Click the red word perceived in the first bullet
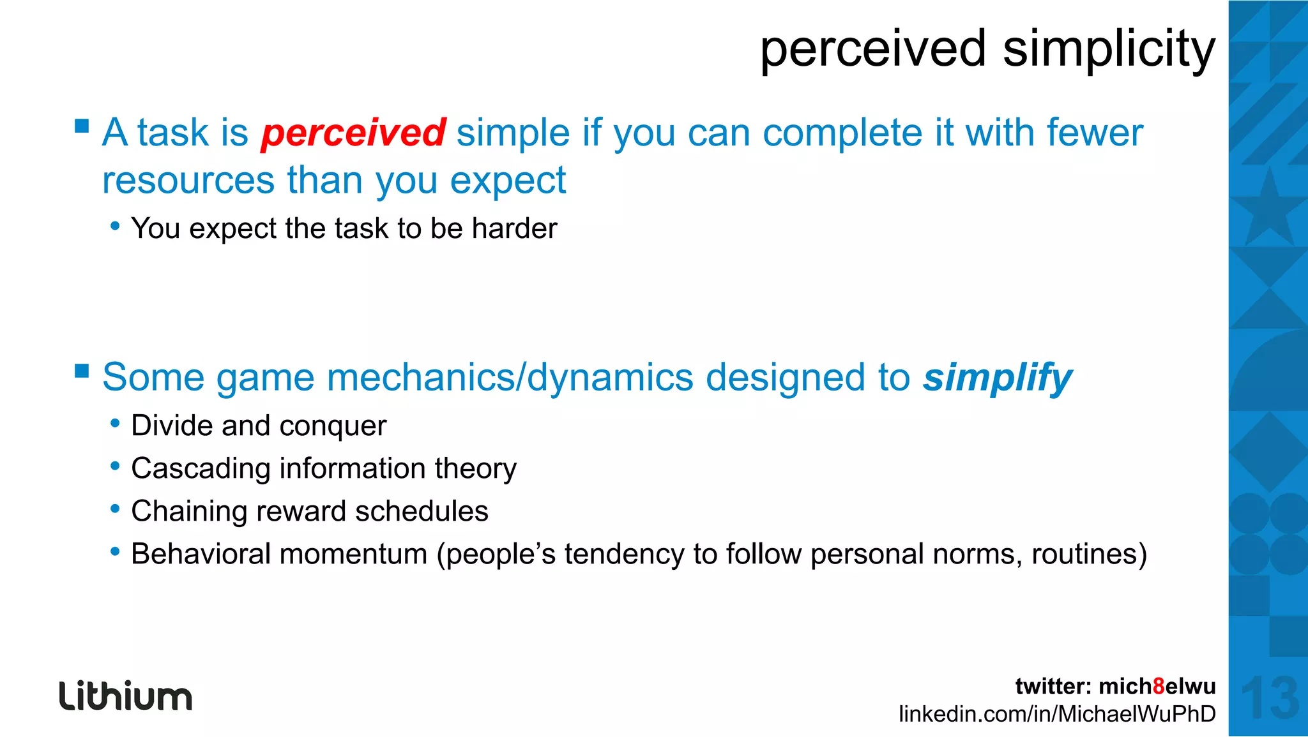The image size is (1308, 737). click(x=353, y=133)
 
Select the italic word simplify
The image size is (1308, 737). click(x=997, y=378)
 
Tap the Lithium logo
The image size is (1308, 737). click(x=126, y=696)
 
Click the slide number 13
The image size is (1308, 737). click(x=1269, y=698)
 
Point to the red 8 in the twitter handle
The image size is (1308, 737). click(x=1159, y=687)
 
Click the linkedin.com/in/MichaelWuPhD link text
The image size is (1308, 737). click(x=1057, y=714)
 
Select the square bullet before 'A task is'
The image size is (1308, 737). click(x=82, y=125)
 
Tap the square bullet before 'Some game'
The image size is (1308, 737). click(x=82, y=371)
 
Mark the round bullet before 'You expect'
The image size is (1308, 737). click(x=115, y=225)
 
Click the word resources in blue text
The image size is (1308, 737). click(x=188, y=181)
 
